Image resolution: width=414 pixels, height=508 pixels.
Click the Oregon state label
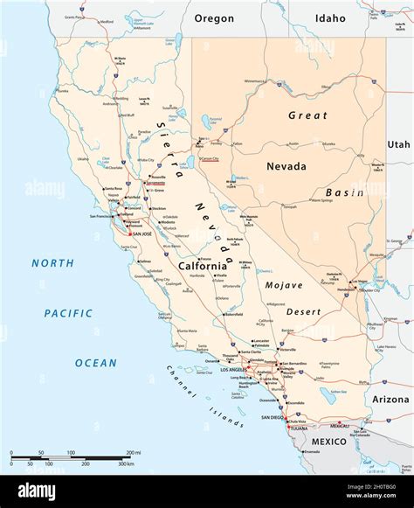tap(214, 18)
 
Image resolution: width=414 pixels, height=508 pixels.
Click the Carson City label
tap(210, 159)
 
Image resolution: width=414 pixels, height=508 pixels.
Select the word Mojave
tap(285, 285)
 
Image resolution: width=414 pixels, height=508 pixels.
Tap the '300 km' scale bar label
tap(125, 463)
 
